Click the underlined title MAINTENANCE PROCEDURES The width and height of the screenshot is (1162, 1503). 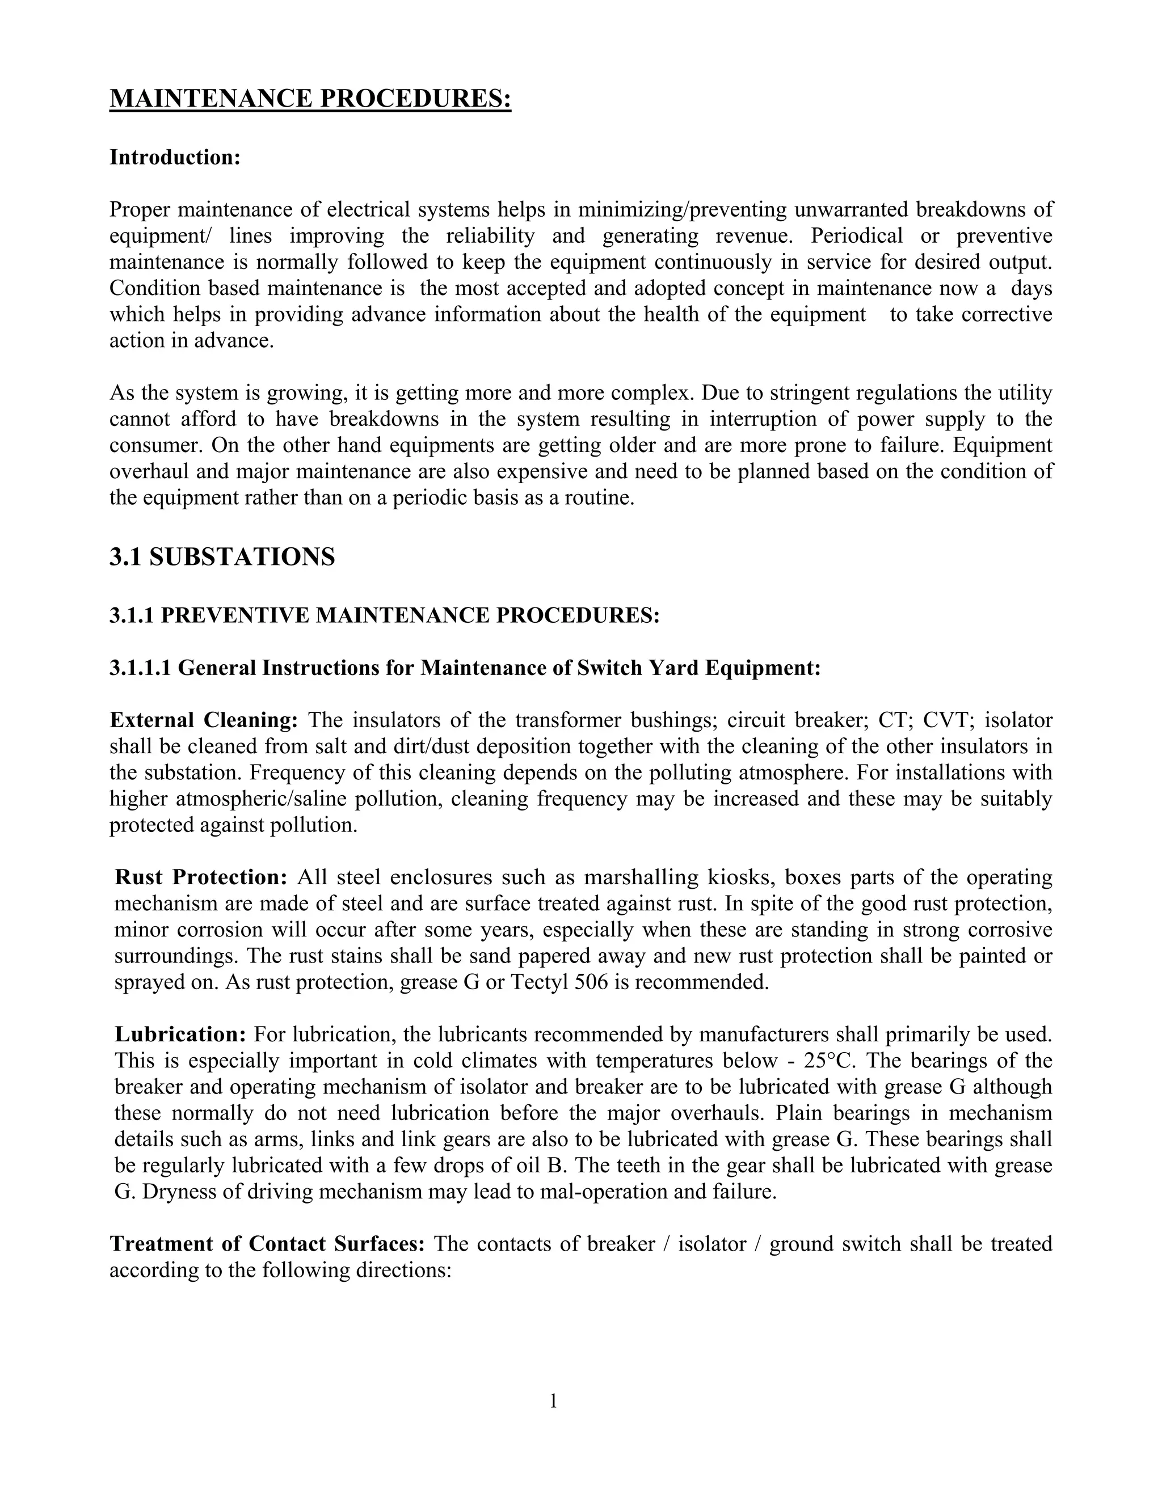click(x=310, y=99)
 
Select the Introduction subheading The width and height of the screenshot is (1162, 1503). click(x=175, y=158)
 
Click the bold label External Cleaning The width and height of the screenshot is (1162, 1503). click(x=204, y=720)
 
